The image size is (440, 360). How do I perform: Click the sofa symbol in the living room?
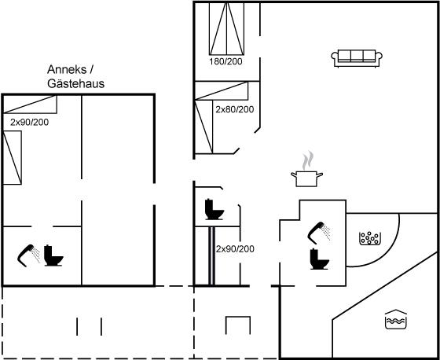pyautogui.click(x=357, y=58)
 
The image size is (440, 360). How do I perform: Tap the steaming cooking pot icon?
pyautogui.click(x=306, y=169)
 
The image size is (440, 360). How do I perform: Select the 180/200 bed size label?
pyautogui.click(x=225, y=61)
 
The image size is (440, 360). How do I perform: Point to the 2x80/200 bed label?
pyautogui.click(x=235, y=109)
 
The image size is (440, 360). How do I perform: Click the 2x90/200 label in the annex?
pyautogui.click(x=30, y=122)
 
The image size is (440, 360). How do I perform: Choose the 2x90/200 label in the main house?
pyautogui.click(x=235, y=249)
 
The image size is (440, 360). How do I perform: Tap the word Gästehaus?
pyautogui.click(x=75, y=83)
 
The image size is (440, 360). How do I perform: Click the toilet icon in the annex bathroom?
pyautogui.click(x=53, y=255)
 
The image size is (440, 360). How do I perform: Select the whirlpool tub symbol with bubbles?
pyautogui.click(x=370, y=238)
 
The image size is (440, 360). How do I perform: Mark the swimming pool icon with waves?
pyautogui.click(x=396, y=319)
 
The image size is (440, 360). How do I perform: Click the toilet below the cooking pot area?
pyautogui.click(x=214, y=209)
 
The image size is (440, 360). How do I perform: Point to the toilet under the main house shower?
pyautogui.click(x=319, y=259)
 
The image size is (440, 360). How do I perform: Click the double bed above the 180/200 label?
pyautogui.click(x=226, y=28)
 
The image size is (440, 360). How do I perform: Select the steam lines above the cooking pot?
pyautogui.click(x=308, y=160)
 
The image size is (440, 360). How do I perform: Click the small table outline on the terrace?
pyautogui.click(x=238, y=325)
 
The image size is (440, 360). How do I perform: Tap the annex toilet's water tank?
pyautogui.click(x=48, y=251)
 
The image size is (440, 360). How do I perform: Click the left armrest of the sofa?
pyautogui.click(x=335, y=58)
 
